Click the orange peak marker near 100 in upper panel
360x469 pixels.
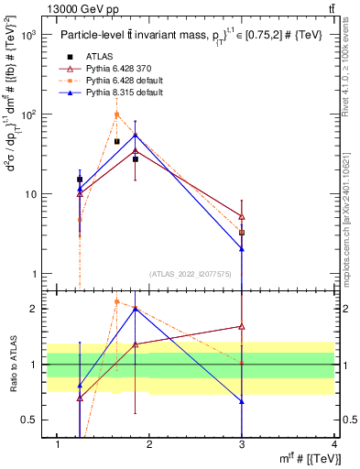coord(116,115)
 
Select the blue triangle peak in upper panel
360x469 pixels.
coord(136,135)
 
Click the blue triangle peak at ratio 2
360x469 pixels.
coord(136,309)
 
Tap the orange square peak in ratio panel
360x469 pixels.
coord(116,301)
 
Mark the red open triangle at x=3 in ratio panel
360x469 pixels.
coord(241,326)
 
